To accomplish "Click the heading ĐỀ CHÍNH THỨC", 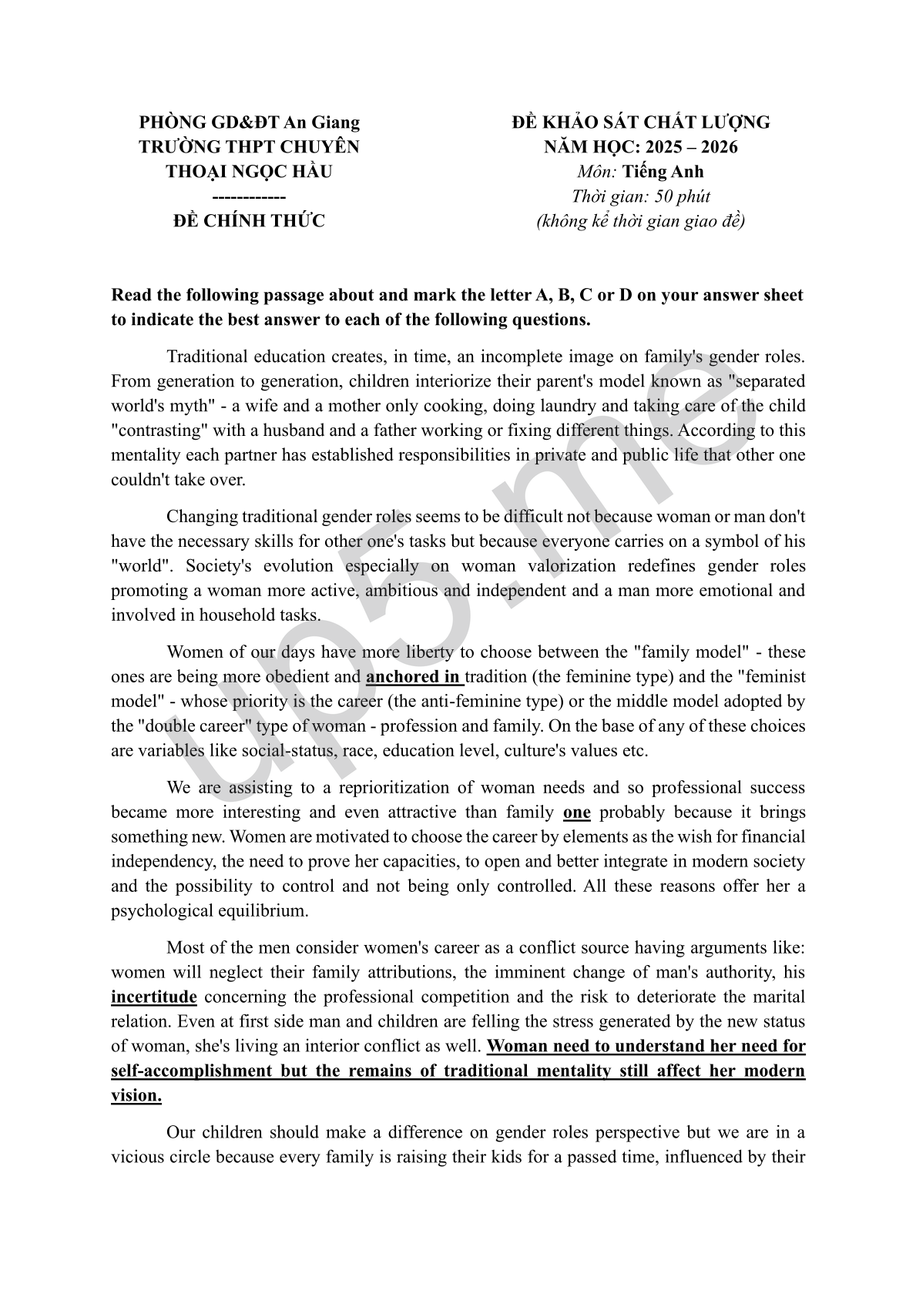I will point(249,221).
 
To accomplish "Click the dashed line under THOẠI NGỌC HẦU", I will point(249,196).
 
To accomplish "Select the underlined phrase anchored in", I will point(413,677).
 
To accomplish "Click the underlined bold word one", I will point(577,813).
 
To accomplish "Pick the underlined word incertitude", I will point(154,997).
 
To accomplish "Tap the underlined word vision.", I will point(136,1096).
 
